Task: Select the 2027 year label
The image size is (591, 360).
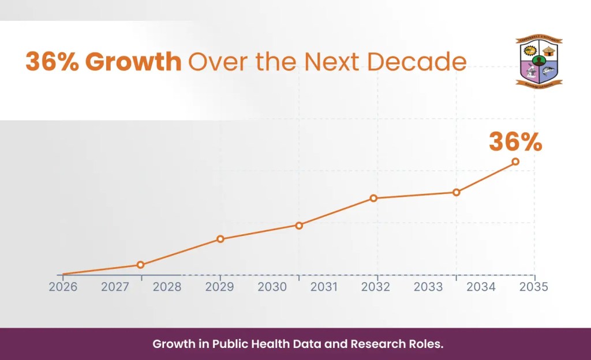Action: point(115,287)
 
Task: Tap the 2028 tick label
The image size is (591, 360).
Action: point(167,287)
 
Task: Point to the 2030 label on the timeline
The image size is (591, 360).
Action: point(271,287)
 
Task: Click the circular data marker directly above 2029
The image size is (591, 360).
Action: point(220,239)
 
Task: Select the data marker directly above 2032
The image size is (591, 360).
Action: point(373,198)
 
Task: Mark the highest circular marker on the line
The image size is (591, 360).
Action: point(515,162)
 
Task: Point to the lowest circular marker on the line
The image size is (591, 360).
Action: point(140,265)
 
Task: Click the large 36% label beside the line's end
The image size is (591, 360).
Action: point(515,142)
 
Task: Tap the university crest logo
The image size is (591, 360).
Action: point(538,62)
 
